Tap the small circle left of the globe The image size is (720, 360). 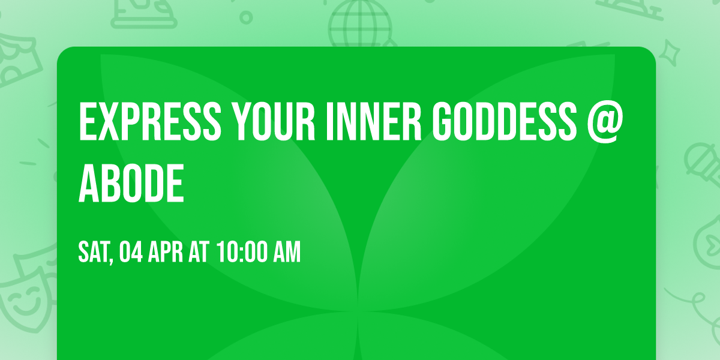tap(245, 17)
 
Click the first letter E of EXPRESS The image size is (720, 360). tap(88, 122)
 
